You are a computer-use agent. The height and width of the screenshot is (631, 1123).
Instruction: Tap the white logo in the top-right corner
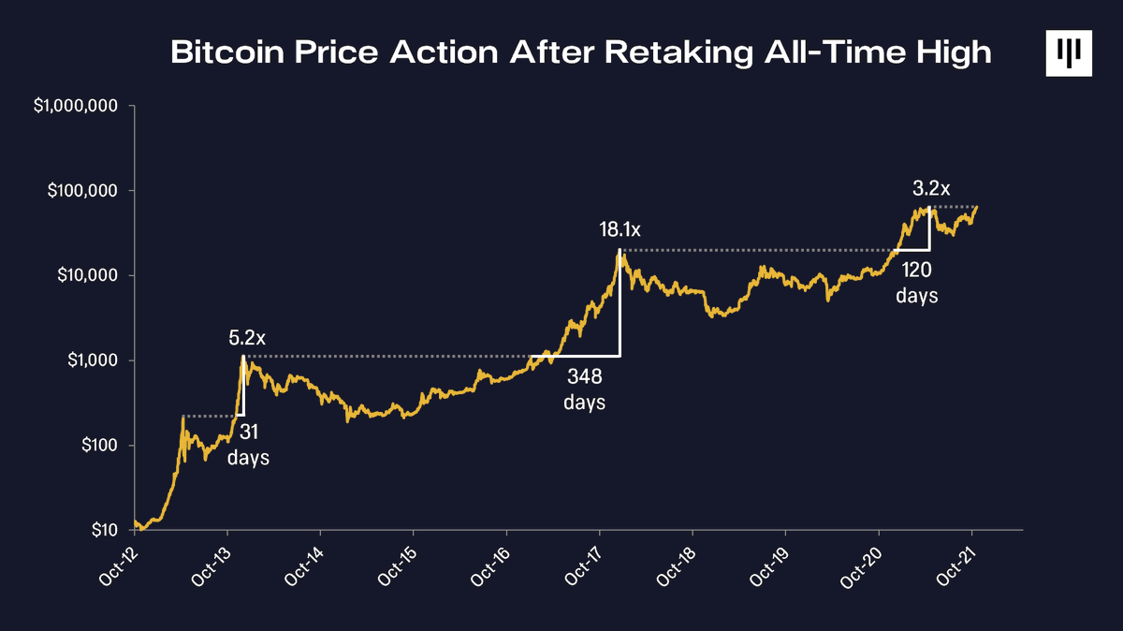pyautogui.click(x=1069, y=53)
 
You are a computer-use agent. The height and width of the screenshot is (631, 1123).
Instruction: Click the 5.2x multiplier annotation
pyautogui.click(x=248, y=335)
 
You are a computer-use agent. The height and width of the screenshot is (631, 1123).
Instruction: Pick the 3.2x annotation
pyautogui.click(x=931, y=188)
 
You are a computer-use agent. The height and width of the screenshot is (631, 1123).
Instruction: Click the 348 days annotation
pyautogui.click(x=585, y=389)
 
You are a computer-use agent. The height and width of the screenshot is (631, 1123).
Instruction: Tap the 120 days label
pyautogui.click(x=917, y=282)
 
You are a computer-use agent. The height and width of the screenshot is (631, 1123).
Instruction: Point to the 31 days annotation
pyautogui.click(x=248, y=445)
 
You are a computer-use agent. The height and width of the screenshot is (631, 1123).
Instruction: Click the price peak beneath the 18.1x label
pyautogui.click(x=620, y=251)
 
